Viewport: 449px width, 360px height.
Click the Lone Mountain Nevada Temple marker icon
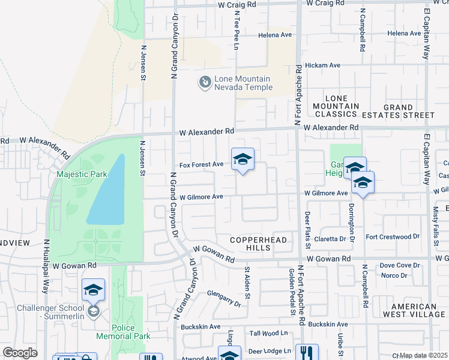click(205, 81)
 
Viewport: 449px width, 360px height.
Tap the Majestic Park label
click(82, 175)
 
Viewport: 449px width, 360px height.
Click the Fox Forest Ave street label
click(202, 164)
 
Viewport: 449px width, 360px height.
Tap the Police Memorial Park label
click(131, 332)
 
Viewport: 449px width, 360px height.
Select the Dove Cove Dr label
click(399, 265)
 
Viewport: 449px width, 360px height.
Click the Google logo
click(20, 353)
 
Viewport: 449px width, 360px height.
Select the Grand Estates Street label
click(409, 111)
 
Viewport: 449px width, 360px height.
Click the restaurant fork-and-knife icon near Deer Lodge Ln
click(307, 352)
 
